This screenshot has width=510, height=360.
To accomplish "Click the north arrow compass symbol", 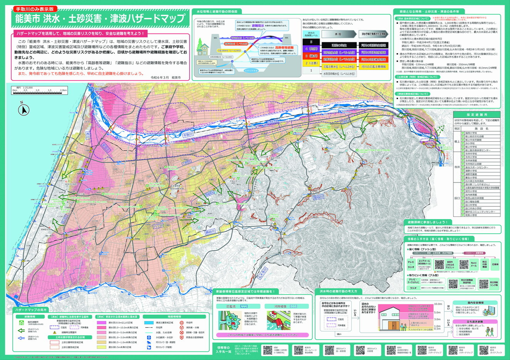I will [x=24, y=110].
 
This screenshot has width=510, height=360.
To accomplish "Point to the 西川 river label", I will [x=87, y=134].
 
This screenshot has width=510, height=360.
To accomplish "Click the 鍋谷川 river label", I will [x=210, y=232].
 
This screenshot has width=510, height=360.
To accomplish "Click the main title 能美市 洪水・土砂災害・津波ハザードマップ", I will [x=100, y=18].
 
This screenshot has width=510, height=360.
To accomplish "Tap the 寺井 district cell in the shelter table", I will [x=457, y=167].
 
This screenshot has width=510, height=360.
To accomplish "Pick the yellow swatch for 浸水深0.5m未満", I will [x=102, y=347].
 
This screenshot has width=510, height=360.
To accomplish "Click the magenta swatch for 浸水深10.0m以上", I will [x=102, y=322].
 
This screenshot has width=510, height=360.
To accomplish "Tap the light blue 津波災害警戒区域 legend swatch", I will [x=149, y=322].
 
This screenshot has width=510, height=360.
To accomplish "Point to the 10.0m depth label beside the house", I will [x=438, y=304].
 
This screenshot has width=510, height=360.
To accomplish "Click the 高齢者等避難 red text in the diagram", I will [x=284, y=47].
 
